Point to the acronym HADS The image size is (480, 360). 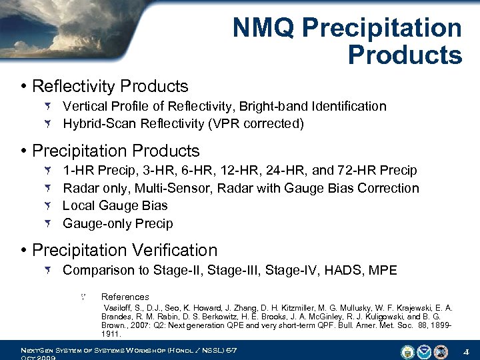coord(345,270)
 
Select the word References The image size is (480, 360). coord(125,297)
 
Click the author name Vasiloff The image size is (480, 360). coord(119,307)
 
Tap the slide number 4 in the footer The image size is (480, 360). coord(467,351)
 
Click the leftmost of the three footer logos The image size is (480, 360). coord(407,351)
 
